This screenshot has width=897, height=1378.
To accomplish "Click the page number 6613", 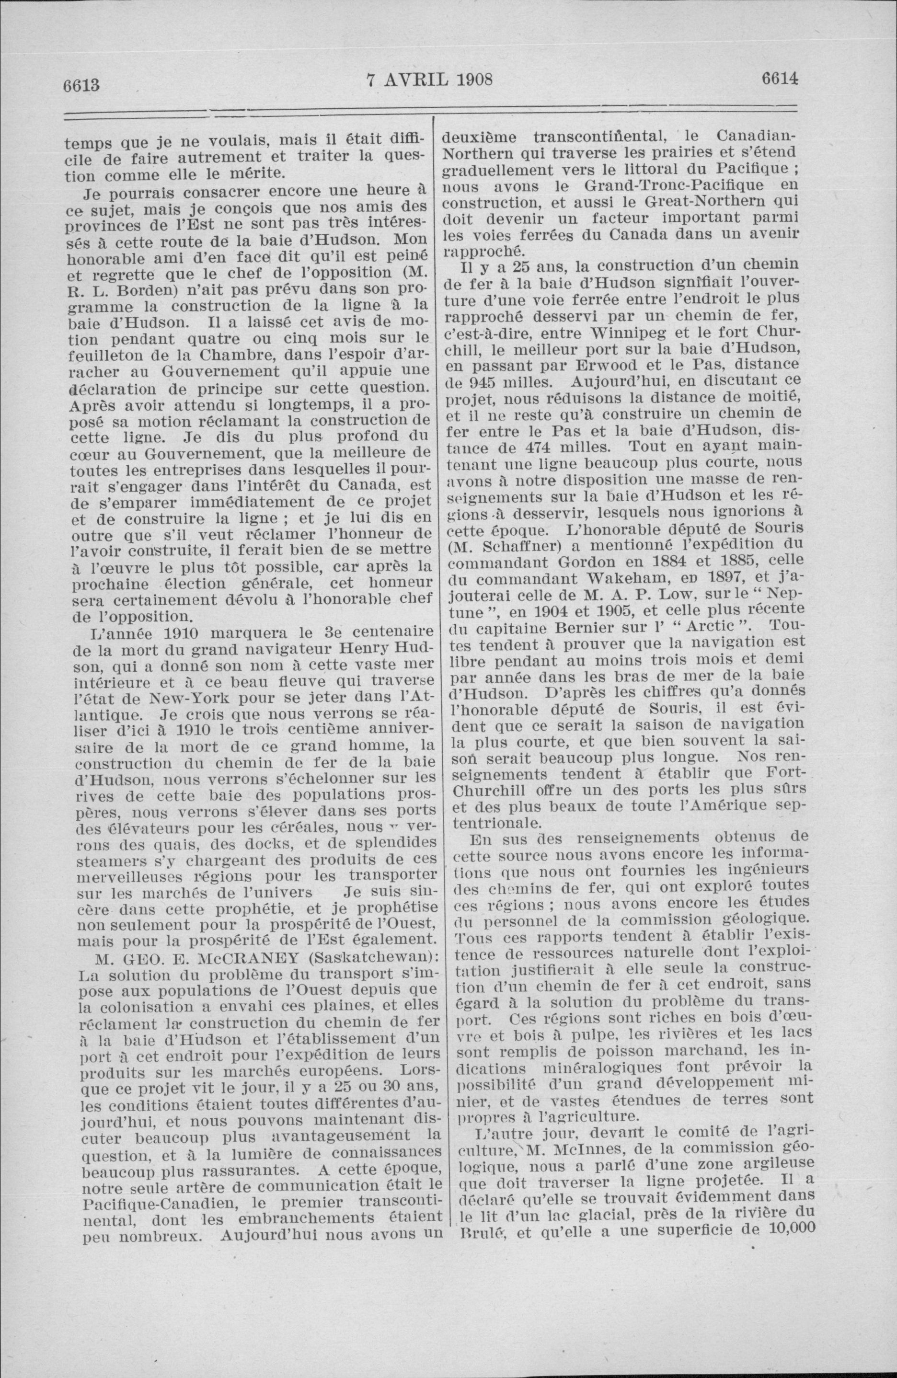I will click(x=83, y=85).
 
